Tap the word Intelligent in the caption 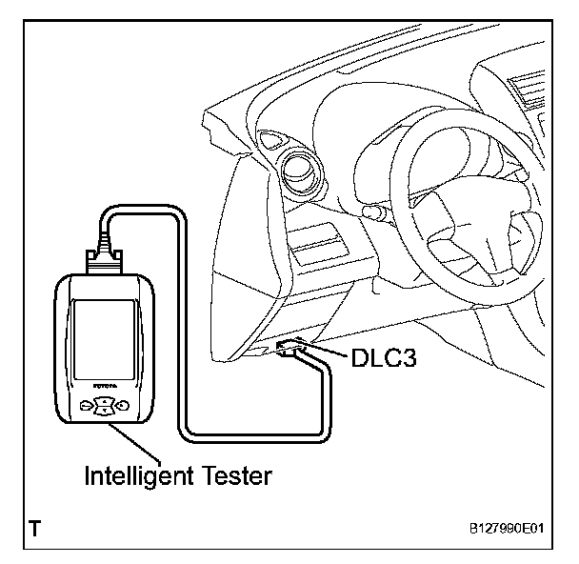pyautogui.click(x=138, y=475)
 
